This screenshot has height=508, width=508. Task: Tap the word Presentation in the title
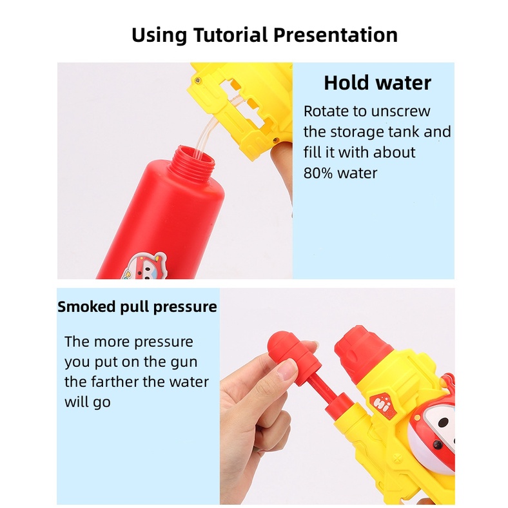coord(336,35)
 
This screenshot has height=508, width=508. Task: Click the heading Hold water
coord(377,83)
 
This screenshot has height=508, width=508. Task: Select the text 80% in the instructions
coord(318,173)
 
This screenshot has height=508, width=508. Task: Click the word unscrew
coord(401,112)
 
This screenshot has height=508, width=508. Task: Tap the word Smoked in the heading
coord(86,306)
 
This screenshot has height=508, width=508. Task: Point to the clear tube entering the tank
coord(206,136)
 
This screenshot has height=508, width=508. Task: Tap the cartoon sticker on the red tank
coord(145,266)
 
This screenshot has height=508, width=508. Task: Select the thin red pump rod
coord(325,391)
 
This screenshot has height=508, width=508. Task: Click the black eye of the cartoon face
coord(443,422)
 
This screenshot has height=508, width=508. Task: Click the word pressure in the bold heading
coord(185,307)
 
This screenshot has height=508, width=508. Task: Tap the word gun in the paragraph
coord(184,362)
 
